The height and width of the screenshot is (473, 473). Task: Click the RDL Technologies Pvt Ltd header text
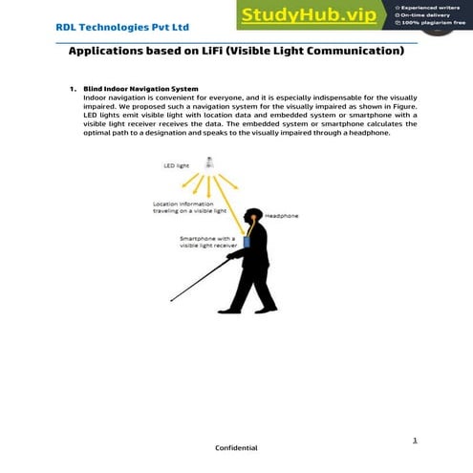click(108, 27)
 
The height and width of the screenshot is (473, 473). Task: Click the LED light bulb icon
click(210, 162)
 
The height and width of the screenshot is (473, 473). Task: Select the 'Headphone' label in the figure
click(281, 216)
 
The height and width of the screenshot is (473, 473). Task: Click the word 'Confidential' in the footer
click(235, 447)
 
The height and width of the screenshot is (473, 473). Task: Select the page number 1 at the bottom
click(415, 440)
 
